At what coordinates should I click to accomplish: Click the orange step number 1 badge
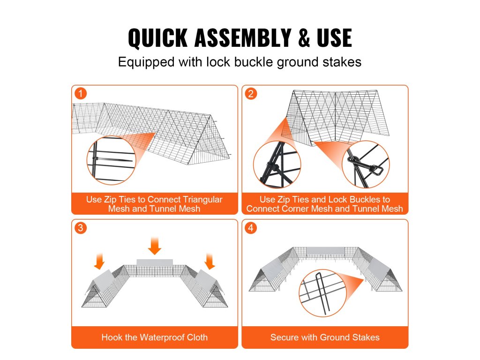[81, 93]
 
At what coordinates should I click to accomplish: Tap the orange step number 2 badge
[251, 93]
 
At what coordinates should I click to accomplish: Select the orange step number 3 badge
[81, 228]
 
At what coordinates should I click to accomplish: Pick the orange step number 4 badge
[251, 228]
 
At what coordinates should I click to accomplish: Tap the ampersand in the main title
[304, 37]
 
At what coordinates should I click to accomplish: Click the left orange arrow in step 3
[99, 261]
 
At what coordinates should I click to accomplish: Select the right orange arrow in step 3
[210, 261]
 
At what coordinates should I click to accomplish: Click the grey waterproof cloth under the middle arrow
[155, 263]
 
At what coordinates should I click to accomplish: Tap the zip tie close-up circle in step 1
[111, 160]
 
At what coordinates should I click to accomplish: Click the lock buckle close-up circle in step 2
[366, 165]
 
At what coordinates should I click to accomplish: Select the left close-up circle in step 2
[277, 165]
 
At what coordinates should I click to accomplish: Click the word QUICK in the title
[157, 37]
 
